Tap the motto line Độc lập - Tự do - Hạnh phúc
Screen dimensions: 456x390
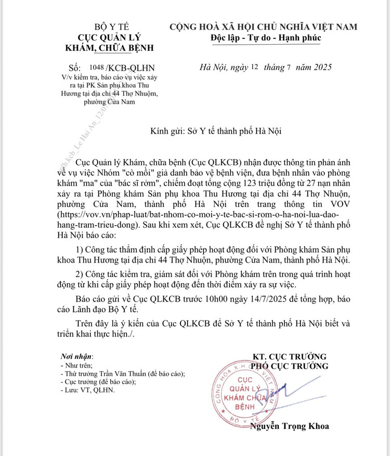[x=266, y=37]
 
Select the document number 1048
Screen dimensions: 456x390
[x=97, y=68]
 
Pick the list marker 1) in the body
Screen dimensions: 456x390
[x=81, y=249]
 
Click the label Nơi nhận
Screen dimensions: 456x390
[x=76, y=356]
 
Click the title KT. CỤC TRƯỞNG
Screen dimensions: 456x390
[x=290, y=357]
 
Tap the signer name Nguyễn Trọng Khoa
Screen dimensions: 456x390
[x=289, y=426]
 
